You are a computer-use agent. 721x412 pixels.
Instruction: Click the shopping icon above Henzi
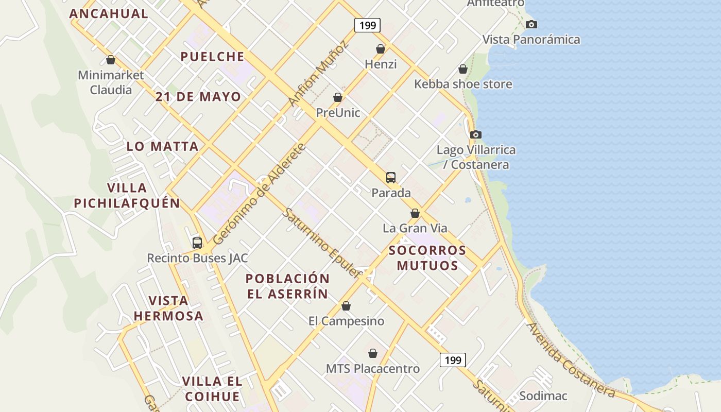[x=381, y=49]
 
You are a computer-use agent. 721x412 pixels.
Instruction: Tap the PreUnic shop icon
[x=338, y=97]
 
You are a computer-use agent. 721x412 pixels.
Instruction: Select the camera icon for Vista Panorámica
[x=531, y=24]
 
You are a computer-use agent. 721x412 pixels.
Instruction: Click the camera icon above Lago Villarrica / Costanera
[x=476, y=134]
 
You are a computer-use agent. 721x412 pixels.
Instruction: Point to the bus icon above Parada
[x=391, y=178]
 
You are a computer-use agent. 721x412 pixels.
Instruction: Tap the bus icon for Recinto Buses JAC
[x=197, y=243]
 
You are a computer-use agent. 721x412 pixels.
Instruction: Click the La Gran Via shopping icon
[x=415, y=213]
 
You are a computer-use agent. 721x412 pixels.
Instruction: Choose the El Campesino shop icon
[x=346, y=306]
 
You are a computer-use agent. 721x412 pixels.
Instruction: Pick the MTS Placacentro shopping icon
[x=373, y=353]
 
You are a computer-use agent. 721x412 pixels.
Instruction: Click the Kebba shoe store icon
[x=463, y=69]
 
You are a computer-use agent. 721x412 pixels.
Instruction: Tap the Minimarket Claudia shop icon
[x=110, y=60]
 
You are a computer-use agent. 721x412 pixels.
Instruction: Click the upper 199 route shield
[x=367, y=25]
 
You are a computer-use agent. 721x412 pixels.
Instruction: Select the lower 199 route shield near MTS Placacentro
[x=453, y=359]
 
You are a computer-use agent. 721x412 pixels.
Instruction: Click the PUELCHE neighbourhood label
[x=212, y=57]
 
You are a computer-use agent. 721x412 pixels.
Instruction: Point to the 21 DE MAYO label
[x=198, y=97]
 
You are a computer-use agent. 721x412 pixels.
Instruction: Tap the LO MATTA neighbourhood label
[x=163, y=146]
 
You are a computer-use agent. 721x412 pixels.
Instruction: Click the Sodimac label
[x=543, y=396]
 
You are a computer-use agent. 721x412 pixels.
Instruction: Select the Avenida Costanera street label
[x=571, y=360]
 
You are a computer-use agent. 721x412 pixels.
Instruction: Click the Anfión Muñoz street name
[x=318, y=74]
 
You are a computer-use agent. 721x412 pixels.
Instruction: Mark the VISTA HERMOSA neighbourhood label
[x=168, y=308]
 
